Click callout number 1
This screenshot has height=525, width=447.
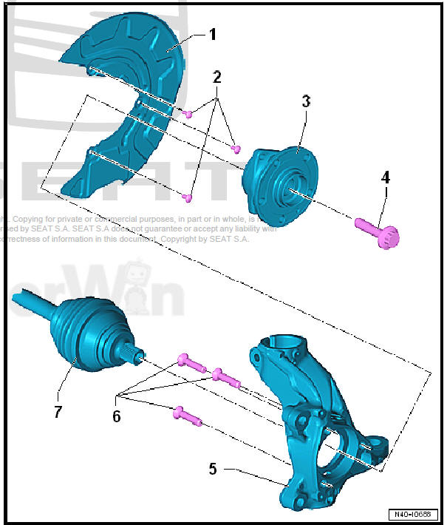pos(212,34)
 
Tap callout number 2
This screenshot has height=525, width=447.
pos(216,77)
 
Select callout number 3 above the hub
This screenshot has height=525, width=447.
pos(306,101)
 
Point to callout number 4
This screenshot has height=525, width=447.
pos(385,177)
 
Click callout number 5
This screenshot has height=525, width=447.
pos(213,468)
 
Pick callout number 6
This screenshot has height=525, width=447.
pos(116,416)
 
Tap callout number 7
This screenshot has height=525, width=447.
pos(58,411)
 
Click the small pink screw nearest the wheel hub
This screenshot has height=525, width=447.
pos(236,149)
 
